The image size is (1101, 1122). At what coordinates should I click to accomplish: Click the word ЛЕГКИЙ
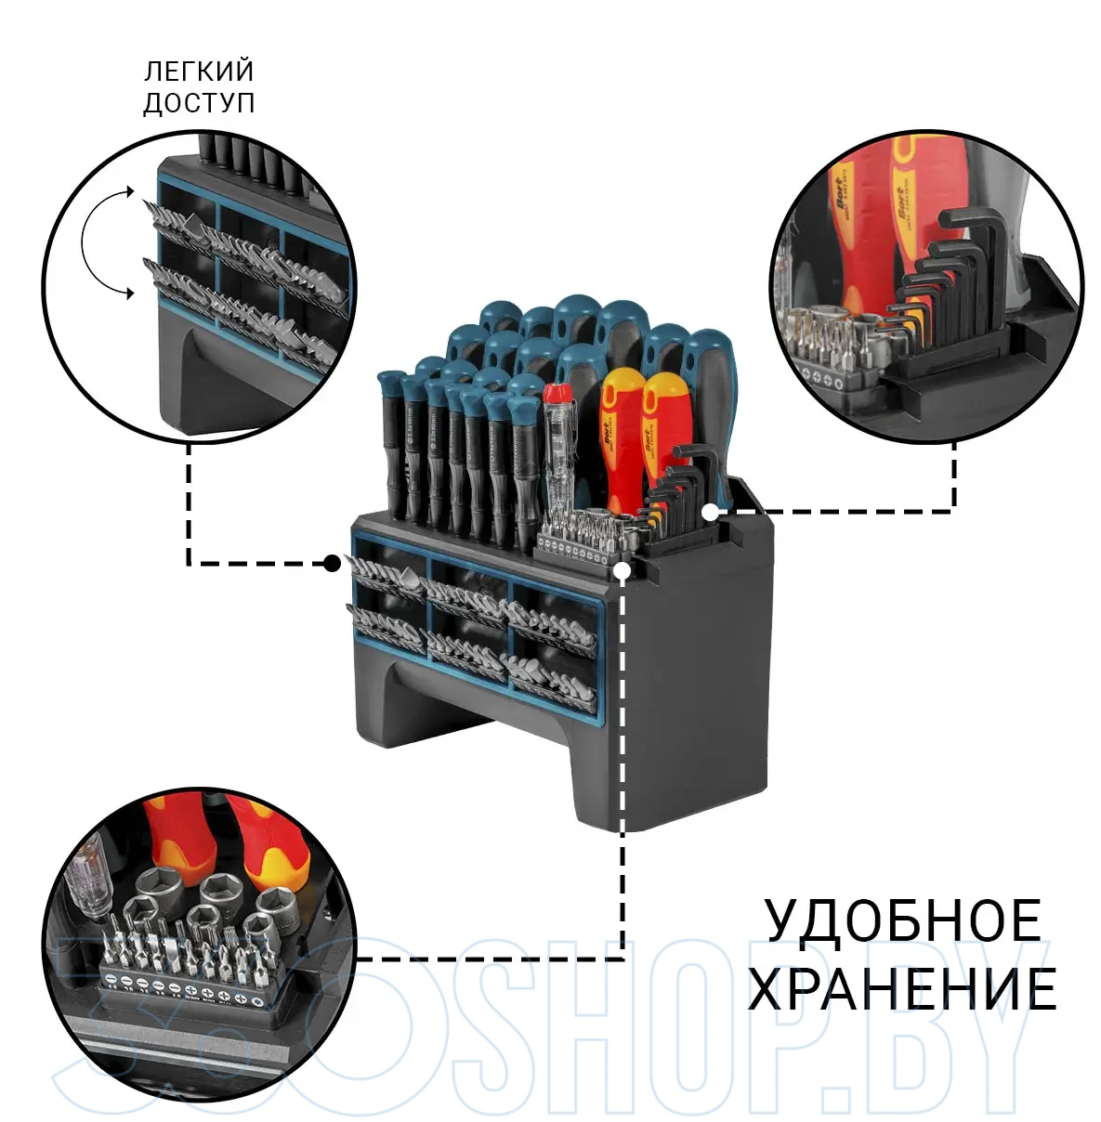(199, 72)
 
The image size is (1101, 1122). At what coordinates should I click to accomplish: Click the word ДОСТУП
(199, 102)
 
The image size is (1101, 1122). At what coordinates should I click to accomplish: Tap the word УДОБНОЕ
(902, 921)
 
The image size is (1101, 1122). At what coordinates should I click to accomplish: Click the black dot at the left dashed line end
(331, 562)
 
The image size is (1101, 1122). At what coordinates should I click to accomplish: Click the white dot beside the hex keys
(709, 511)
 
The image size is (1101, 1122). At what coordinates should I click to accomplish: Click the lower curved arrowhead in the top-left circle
(126, 294)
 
